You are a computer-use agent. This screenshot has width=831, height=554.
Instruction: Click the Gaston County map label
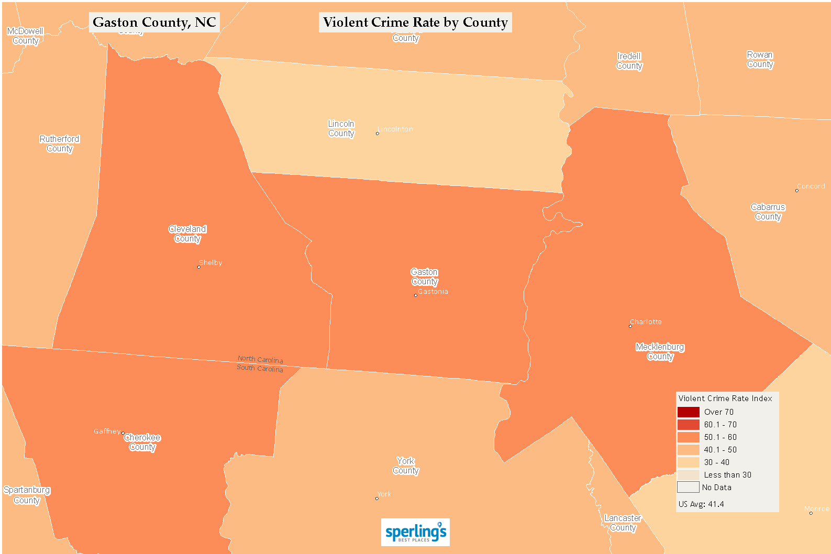(424, 277)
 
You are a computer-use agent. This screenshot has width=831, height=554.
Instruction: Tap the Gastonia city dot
(416, 295)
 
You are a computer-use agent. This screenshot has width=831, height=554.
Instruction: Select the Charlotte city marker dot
(630, 326)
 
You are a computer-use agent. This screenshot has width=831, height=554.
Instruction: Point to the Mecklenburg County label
(660, 352)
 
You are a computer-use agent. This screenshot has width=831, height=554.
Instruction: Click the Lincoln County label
(341, 129)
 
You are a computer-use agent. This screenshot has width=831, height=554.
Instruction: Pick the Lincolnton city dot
(377, 134)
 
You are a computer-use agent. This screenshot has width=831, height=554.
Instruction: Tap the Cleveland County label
(187, 234)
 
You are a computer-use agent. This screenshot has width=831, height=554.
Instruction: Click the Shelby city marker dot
(198, 267)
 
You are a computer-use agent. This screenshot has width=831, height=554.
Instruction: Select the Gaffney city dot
(123, 433)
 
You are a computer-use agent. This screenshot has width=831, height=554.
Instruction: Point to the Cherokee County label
(142, 442)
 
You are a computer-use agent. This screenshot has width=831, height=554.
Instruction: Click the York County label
(406, 466)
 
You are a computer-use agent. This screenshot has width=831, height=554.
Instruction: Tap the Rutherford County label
(60, 144)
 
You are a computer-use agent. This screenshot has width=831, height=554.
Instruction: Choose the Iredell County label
(629, 61)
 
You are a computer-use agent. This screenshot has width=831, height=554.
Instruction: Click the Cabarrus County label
(768, 212)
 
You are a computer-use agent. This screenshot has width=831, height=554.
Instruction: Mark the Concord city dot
(797, 191)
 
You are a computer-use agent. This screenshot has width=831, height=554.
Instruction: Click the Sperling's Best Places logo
(415, 533)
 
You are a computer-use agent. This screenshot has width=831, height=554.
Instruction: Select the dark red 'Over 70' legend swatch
(688, 412)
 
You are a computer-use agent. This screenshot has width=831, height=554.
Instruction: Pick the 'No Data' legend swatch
(688, 487)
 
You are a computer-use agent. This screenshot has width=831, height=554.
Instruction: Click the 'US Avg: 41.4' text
(701, 504)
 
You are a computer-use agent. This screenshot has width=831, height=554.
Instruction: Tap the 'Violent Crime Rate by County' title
(415, 23)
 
